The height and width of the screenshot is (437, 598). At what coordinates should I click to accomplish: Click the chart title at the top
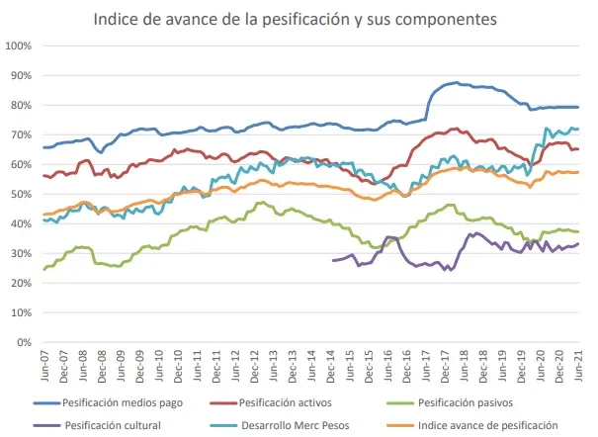[296, 19]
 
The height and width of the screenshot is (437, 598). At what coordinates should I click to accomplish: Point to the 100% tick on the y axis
[21, 45]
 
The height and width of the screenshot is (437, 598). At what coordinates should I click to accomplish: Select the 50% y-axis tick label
[23, 194]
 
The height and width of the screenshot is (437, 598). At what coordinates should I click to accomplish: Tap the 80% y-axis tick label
[23, 105]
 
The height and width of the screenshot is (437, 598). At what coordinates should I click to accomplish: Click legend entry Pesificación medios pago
[117, 402]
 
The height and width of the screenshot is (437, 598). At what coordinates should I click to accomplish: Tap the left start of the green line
[43, 269]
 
